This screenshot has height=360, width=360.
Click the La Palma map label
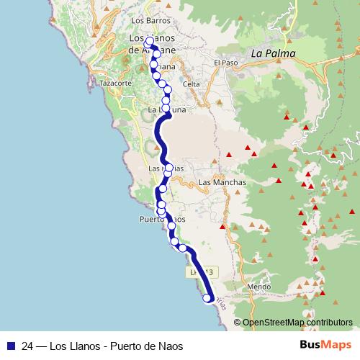[x=268, y=53]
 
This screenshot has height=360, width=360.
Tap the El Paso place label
[x=225, y=63]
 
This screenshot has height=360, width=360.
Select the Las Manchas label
[x=222, y=183]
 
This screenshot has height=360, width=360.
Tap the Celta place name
[x=192, y=84]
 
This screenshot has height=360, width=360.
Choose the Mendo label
[x=258, y=287]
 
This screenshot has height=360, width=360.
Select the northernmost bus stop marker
[x=149, y=42]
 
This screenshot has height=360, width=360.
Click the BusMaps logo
[x=325, y=346]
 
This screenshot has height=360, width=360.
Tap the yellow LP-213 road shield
[x=202, y=272]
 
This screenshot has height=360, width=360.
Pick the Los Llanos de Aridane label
[x=151, y=44]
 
